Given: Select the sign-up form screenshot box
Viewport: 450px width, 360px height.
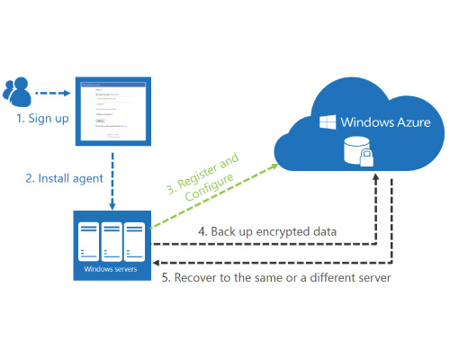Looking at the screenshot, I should (113, 109).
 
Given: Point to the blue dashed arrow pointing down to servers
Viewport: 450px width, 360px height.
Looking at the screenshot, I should (113, 175).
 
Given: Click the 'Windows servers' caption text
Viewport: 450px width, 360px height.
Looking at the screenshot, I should (112, 268).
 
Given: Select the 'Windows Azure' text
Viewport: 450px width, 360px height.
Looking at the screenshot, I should (382, 121).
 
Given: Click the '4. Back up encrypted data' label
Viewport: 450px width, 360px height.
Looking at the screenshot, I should (267, 231).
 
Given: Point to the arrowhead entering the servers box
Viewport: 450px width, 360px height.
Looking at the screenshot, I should (156, 260).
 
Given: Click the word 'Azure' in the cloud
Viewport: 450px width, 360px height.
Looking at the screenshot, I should (410, 121).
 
